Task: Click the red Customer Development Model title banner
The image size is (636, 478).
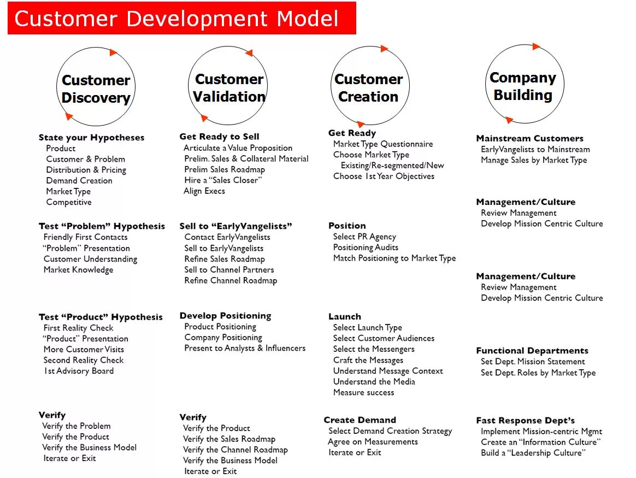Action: tap(181, 19)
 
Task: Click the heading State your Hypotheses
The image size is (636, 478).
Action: tap(91, 138)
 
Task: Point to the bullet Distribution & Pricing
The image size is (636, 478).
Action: tap(86, 170)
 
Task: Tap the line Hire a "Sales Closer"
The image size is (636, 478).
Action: tap(223, 180)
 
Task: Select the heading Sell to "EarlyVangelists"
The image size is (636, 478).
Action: tap(235, 226)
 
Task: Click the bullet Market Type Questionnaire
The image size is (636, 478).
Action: tap(382, 144)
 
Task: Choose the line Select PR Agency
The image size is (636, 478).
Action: tap(364, 237)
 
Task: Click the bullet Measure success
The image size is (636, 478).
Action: tap(363, 392)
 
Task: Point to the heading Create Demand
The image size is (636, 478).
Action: tap(360, 420)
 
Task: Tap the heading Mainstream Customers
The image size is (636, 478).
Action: tap(529, 139)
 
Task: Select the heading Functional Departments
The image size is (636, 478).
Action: tap(532, 351)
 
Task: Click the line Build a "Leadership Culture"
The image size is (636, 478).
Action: tap(533, 453)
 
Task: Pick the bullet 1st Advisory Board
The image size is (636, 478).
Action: tap(79, 371)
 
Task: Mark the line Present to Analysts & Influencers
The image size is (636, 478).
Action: tap(245, 349)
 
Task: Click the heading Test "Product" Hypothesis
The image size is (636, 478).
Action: tap(101, 317)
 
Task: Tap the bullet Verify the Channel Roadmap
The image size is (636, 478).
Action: tap(235, 450)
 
